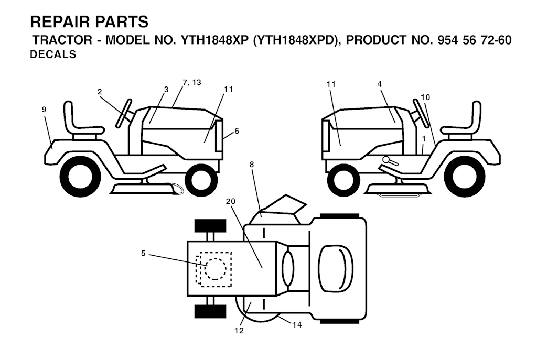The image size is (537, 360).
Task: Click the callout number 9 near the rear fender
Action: (x=44, y=110)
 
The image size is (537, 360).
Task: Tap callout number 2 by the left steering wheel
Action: (x=100, y=92)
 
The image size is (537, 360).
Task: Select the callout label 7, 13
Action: (x=192, y=82)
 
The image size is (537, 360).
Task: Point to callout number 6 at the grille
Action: (x=237, y=131)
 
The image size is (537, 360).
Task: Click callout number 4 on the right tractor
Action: (x=380, y=84)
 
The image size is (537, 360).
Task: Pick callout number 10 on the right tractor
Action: (x=425, y=97)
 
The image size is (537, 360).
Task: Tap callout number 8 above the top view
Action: (x=252, y=165)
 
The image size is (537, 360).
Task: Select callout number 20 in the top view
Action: (x=231, y=202)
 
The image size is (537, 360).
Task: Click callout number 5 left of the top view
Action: (x=143, y=253)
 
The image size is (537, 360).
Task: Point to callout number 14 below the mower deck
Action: (x=297, y=325)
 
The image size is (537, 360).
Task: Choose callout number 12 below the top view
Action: (x=239, y=331)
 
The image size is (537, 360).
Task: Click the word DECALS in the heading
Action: (x=53, y=54)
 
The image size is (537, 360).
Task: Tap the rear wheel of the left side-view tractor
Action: (x=80, y=176)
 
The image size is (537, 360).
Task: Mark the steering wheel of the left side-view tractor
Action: (x=124, y=113)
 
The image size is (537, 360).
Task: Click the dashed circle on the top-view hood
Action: (x=216, y=269)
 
